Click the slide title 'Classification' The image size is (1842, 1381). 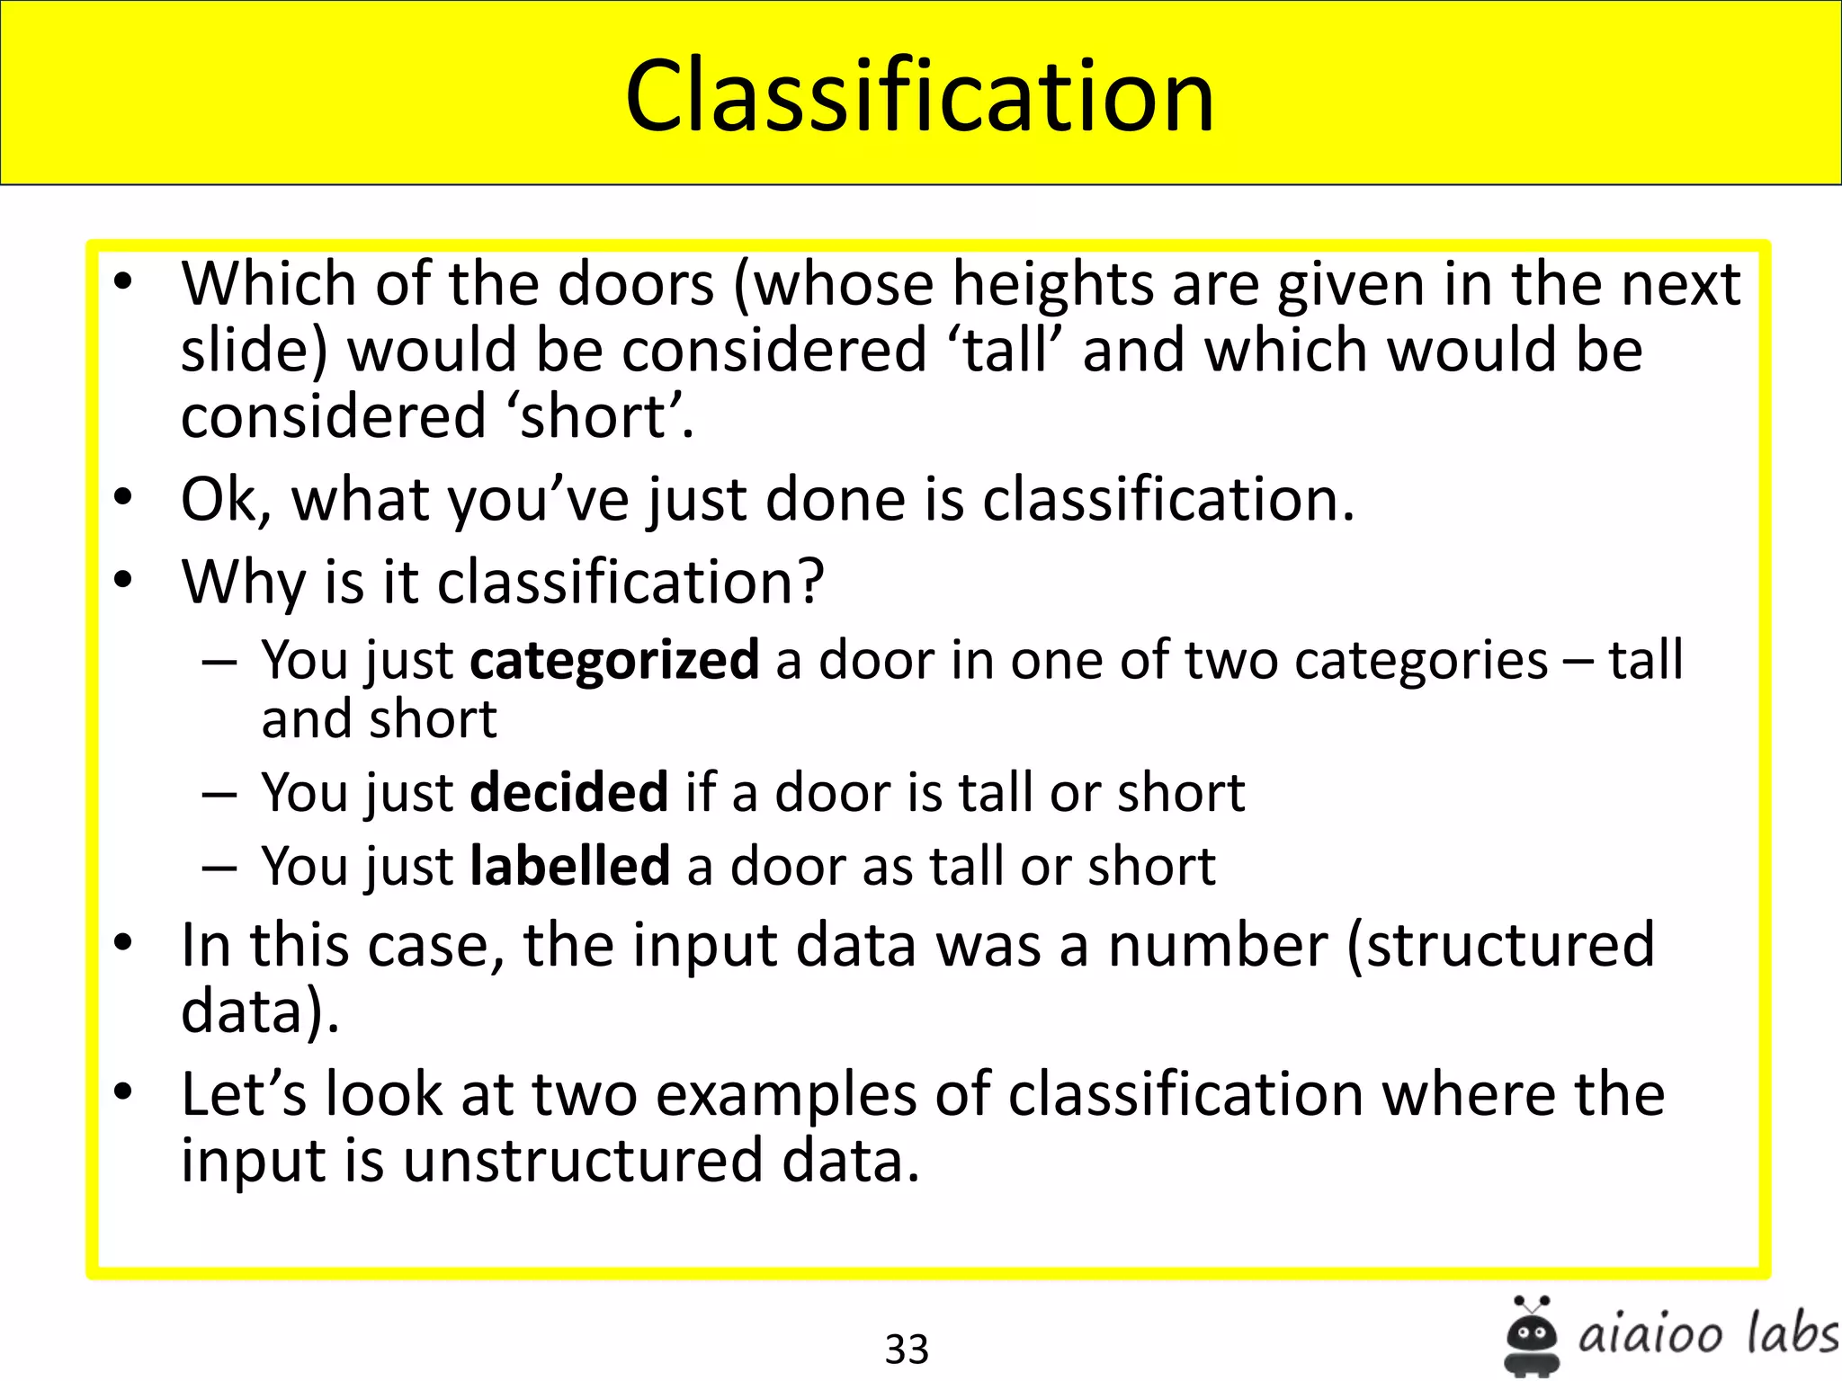click(919, 95)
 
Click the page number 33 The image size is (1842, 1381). click(906, 1349)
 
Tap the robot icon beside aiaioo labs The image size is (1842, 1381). click(1531, 1335)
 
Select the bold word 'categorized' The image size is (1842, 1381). click(614, 661)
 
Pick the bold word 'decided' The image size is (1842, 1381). click(568, 793)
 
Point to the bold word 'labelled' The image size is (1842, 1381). click(569, 867)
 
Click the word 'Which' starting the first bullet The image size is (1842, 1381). click(269, 284)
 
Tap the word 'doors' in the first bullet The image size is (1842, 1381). click(636, 284)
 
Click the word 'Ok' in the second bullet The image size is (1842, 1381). click(226, 500)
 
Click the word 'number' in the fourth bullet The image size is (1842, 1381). click(1217, 946)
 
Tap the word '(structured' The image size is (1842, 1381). click(1500, 946)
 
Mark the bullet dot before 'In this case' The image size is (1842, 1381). click(123, 943)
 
